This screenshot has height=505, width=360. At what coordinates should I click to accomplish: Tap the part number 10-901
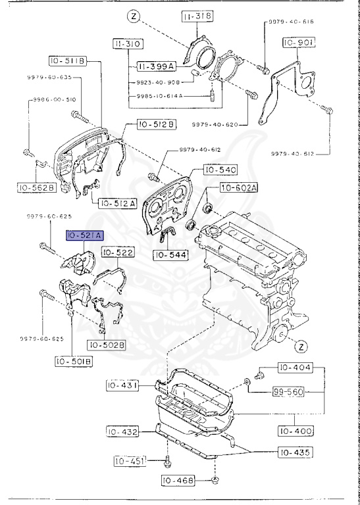click(x=299, y=41)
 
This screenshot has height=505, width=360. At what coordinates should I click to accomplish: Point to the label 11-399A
click(x=155, y=66)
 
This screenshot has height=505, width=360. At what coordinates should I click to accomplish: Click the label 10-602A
click(x=238, y=188)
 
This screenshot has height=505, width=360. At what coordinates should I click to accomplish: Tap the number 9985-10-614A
click(x=160, y=95)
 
